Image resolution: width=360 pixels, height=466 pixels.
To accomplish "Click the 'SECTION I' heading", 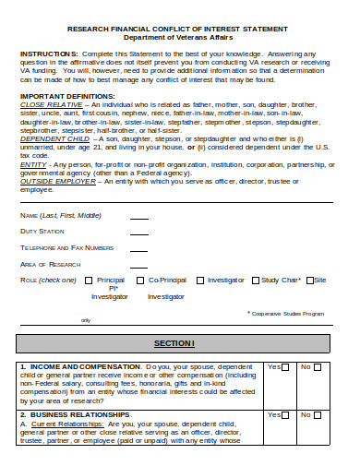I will tap(180, 343).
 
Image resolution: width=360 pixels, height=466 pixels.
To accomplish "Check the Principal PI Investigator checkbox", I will tap(88, 280).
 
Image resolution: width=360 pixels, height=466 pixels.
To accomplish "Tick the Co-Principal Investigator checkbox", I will tap(140, 280).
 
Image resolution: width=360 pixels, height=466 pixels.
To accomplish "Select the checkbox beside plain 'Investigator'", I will tap(199, 280).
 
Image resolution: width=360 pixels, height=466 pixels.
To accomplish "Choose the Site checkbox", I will tap(310, 280).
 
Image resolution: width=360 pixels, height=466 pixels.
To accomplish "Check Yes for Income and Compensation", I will tap(287, 367).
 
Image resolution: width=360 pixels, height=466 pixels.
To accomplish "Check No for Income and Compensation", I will tap(330, 367).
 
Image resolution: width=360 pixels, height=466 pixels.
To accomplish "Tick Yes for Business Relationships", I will tap(287, 415).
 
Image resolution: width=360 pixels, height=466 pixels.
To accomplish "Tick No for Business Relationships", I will tap(330, 415).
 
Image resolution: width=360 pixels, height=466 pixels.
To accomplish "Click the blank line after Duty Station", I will tap(138, 232).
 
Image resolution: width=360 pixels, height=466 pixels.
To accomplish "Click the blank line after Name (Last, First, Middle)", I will tap(138, 216).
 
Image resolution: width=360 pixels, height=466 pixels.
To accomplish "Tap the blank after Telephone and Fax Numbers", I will tap(138, 248).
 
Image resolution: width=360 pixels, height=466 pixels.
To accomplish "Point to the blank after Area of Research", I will tap(138, 265).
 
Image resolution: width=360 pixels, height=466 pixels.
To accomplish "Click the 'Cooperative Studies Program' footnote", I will tap(289, 313).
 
